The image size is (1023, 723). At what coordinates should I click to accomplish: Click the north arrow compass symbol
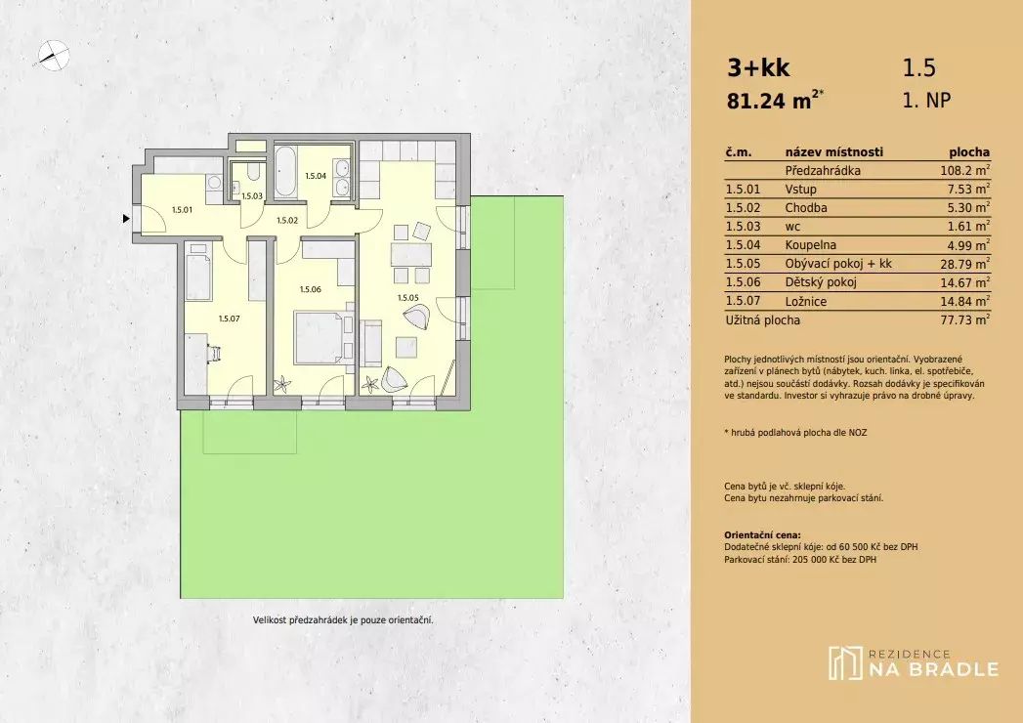pyautogui.click(x=53, y=55)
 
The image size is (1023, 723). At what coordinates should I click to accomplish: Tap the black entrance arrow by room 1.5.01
pyautogui.click(x=126, y=219)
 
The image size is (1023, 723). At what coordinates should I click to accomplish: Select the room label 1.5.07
pyautogui.click(x=229, y=319)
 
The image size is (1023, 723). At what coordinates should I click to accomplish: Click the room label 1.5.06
pyautogui.click(x=311, y=289)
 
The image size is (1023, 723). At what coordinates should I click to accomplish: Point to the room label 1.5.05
pyautogui.click(x=408, y=298)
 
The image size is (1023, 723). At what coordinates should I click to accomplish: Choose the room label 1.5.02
pyautogui.click(x=287, y=221)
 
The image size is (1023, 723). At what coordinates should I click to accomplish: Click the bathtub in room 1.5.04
pyautogui.click(x=285, y=172)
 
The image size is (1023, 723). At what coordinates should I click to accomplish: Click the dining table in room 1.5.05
pyautogui.click(x=411, y=254)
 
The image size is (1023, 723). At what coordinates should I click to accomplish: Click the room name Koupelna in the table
pyautogui.click(x=810, y=245)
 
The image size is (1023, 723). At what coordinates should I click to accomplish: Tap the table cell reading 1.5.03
pyautogui.click(x=744, y=227)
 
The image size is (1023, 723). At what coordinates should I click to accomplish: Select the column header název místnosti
pyautogui.click(x=833, y=152)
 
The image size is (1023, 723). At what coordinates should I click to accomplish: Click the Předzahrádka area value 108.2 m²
pyautogui.click(x=961, y=171)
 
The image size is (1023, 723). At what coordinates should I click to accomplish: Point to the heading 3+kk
pyautogui.click(x=758, y=67)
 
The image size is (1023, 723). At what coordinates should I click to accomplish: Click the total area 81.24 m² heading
pyautogui.click(x=775, y=101)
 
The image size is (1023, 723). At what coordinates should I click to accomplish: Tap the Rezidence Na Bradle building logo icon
pyautogui.click(x=845, y=663)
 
